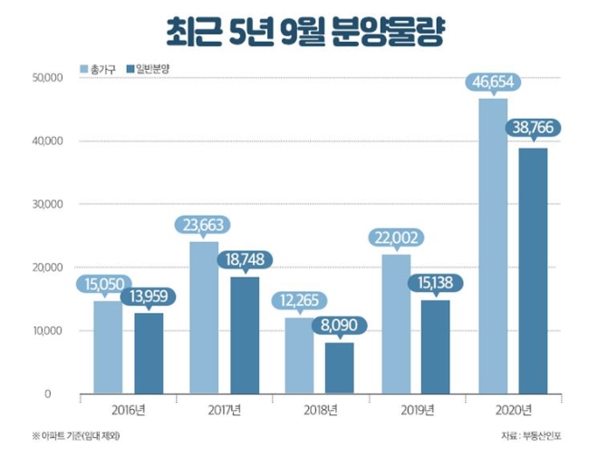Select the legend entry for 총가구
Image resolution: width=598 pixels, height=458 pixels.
pyautogui.click(x=101, y=69)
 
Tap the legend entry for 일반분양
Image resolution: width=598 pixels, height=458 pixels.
pyautogui.click(x=155, y=69)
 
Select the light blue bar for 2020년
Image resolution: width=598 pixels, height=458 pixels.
pyautogui.click(x=493, y=246)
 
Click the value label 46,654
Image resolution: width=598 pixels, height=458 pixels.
pyautogui.click(x=494, y=81)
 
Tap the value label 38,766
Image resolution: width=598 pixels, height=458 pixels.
pyautogui.click(x=534, y=128)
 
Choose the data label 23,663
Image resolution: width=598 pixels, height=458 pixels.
pyautogui.click(x=203, y=224)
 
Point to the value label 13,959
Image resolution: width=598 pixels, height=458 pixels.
pyautogui.click(x=149, y=295)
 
